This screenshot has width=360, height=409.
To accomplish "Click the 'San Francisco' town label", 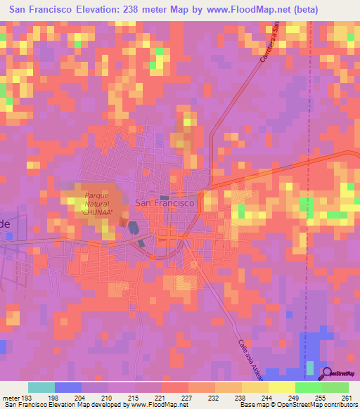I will coord(164,202).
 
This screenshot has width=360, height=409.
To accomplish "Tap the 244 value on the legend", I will coord(266,397).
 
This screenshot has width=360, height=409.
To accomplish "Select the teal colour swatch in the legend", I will coord(41,387).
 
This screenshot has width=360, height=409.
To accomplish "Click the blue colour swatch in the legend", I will coord(68,387).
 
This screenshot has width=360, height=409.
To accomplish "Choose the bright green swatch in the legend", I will coord(308,387).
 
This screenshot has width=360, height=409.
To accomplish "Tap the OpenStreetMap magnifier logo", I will coord(328,374).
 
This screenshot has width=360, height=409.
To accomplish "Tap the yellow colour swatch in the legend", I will coord(281,387).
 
